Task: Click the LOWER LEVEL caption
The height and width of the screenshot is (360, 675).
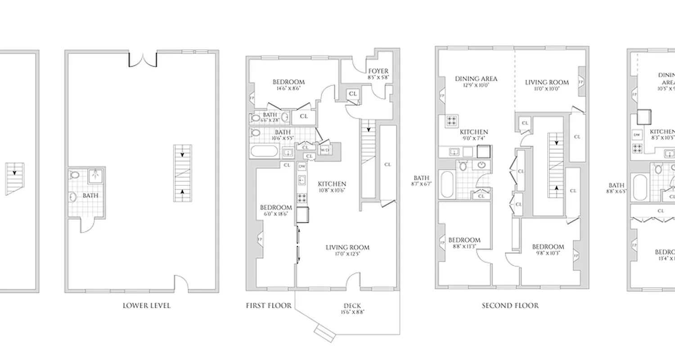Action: click(147, 306)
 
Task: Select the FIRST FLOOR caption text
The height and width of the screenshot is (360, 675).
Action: click(268, 306)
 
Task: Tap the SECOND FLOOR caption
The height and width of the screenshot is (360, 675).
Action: click(510, 306)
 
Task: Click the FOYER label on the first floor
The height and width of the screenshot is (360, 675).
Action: click(378, 74)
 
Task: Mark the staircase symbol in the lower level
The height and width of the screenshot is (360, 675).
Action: click(183, 173)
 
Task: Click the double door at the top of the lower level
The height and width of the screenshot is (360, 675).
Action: click(143, 58)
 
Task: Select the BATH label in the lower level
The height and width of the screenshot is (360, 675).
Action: click(90, 196)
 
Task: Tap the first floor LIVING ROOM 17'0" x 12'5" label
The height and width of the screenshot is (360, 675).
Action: click(347, 250)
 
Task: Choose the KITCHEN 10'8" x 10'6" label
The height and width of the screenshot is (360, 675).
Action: click(332, 187)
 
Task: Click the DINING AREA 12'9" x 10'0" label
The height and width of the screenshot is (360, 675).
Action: click(476, 81)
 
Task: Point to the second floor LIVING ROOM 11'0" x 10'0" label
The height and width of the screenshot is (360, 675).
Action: click(547, 85)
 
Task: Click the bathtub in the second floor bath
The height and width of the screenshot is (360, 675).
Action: click(447, 184)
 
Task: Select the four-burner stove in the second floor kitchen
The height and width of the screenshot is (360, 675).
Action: click(451, 121)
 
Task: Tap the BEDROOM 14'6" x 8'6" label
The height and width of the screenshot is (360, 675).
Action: click(288, 85)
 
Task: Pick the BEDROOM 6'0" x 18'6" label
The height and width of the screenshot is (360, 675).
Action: click(276, 210)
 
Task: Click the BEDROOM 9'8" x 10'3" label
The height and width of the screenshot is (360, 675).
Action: click(548, 250)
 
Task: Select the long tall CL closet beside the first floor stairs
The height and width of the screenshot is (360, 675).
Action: click(387, 164)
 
